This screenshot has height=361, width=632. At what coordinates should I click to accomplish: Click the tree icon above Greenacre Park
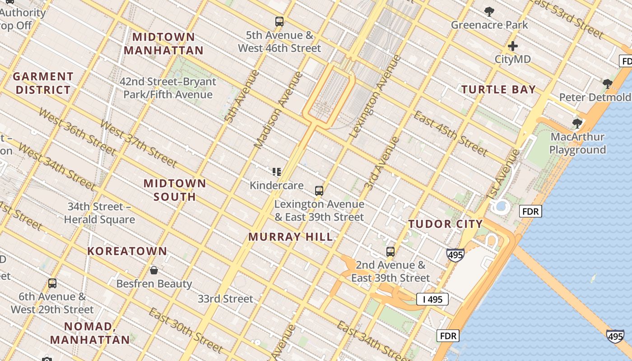point(489,12)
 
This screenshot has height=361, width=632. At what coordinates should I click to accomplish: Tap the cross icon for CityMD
point(512,46)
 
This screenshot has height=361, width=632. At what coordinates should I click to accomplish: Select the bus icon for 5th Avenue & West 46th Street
point(279,21)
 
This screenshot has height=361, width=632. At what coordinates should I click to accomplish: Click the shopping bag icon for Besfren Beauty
point(154,270)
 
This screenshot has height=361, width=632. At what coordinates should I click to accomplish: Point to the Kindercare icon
point(277,171)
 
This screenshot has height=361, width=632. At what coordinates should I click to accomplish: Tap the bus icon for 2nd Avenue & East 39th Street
point(390,252)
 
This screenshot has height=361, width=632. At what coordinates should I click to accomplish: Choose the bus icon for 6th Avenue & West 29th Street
point(52,283)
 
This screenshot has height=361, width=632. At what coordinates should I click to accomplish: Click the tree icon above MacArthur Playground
point(577,124)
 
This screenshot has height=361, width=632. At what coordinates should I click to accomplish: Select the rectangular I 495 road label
point(432,299)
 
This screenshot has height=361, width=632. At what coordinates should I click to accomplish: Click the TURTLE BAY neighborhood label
point(498,89)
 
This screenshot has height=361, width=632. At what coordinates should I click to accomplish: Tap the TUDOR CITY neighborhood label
point(446,224)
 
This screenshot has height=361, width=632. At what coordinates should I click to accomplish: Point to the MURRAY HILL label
point(291,237)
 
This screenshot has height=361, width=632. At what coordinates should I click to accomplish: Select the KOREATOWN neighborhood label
point(127,251)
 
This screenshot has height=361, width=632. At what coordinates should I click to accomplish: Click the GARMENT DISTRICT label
point(43,83)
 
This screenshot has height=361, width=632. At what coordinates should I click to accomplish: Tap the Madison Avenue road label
point(278,110)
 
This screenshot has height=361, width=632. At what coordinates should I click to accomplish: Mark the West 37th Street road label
point(139,143)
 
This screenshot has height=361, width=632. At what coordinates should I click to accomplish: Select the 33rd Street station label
point(225,299)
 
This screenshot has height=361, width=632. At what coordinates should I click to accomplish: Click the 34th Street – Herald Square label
point(99,213)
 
